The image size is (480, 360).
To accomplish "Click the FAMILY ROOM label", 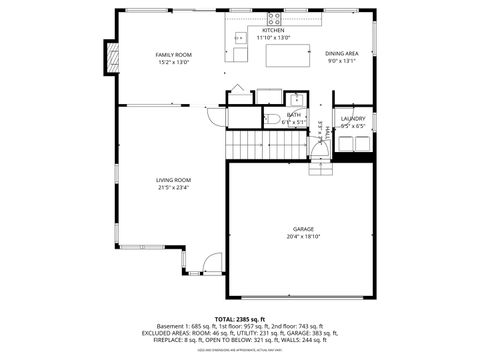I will tap(173, 54).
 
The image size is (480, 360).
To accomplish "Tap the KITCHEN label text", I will tap(273, 31).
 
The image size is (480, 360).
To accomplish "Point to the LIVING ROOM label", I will tap(173, 180).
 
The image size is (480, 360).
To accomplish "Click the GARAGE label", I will tap(303, 229).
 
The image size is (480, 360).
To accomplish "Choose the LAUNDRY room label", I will tap(353, 118).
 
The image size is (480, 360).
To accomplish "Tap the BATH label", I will tap(293, 115).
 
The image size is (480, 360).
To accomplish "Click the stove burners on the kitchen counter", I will tap(275, 19).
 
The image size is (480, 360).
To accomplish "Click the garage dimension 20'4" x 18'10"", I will tap(303, 237).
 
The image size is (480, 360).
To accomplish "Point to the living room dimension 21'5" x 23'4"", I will tap(173, 188).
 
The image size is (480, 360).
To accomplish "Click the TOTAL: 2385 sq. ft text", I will tap(239, 317).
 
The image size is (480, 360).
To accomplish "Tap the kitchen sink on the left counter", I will tap(240, 39).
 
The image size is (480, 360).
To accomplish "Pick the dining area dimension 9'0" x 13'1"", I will tap(342, 61).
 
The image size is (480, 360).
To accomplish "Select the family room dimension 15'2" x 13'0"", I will tap(173, 62).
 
